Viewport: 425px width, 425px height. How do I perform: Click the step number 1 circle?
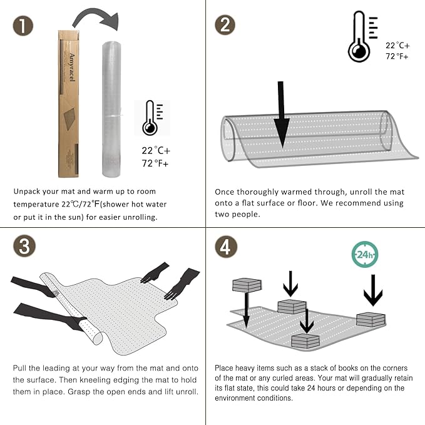pos(23,26)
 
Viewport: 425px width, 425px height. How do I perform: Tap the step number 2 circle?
pos(225,25)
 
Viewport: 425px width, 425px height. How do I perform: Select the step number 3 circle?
pos(24,246)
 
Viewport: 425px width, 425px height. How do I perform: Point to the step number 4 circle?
pos(226,247)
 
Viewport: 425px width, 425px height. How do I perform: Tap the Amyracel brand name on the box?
pos(72,67)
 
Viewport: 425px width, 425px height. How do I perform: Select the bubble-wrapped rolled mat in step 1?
pos(111,109)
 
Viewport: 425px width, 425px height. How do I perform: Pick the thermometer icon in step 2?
pos(362,36)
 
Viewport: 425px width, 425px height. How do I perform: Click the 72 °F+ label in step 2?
pos(397,56)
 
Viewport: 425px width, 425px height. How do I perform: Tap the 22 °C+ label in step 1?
pos(156,150)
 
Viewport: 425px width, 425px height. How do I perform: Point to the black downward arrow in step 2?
pos(281,115)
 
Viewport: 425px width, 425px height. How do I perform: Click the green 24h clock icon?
pos(364,255)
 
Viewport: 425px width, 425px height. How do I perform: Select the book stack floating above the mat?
pos(247,285)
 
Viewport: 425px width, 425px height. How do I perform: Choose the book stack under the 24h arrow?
pos(371,320)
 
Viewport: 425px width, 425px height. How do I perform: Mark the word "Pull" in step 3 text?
pos(19,368)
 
